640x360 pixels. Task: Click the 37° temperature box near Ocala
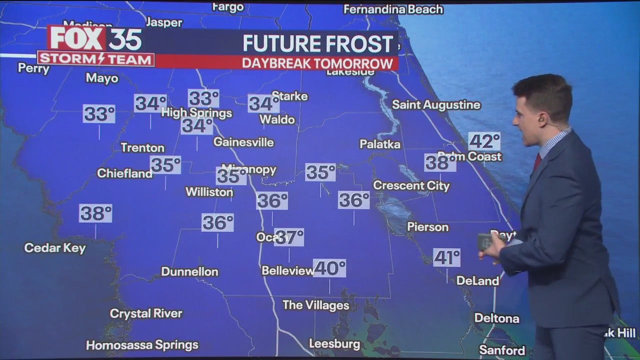(289, 237)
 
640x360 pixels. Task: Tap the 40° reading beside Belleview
(329, 268)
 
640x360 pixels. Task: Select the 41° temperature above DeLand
(446, 258)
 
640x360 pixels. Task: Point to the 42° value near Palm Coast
(484, 141)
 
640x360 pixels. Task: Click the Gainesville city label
(243, 142)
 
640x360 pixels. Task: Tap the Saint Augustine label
(436, 105)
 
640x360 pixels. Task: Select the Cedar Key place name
(55, 248)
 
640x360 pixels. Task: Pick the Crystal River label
(146, 314)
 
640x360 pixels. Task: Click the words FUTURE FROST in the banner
(318, 44)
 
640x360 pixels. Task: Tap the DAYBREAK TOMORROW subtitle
(317, 63)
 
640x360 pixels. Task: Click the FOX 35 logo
(95, 38)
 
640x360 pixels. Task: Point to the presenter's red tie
(537, 161)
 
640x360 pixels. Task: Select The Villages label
(315, 305)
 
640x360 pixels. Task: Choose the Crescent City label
(411, 186)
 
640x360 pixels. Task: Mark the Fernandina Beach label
(393, 9)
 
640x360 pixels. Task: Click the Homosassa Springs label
(142, 345)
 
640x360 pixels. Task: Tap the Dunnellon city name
(189, 272)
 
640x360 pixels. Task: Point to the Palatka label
(380, 144)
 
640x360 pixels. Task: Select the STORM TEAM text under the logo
(95, 59)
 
